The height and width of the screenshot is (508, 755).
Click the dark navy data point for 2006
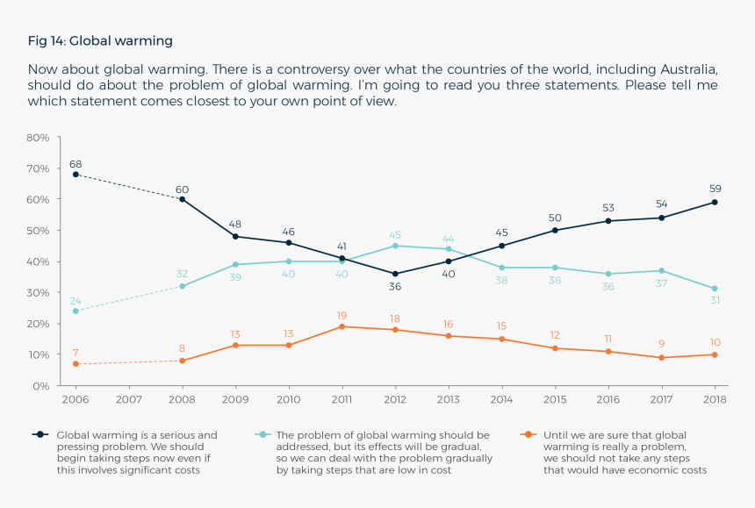point(75,175)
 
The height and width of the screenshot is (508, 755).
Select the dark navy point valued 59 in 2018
point(715,202)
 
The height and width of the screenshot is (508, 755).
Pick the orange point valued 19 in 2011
point(342,326)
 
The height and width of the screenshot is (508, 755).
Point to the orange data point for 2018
point(715,354)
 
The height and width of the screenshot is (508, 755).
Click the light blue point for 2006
point(75,311)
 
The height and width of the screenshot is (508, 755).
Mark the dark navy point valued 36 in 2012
point(395,274)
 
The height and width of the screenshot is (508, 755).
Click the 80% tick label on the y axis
point(39,138)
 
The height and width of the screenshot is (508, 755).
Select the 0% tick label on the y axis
point(42,386)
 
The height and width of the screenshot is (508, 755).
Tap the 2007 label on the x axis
point(129,400)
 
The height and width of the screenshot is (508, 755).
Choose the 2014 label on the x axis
point(501,400)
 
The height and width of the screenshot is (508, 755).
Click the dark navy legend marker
point(40,434)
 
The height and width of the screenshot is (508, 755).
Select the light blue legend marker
point(261,434)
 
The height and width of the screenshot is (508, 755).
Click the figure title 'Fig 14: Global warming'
point(100,40)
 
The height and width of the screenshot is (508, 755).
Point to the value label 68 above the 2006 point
point(75,163)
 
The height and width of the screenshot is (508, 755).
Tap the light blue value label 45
point(395,234)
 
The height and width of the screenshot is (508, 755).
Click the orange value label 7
point(75,353)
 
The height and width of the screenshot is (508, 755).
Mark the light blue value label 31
point(715,301)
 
